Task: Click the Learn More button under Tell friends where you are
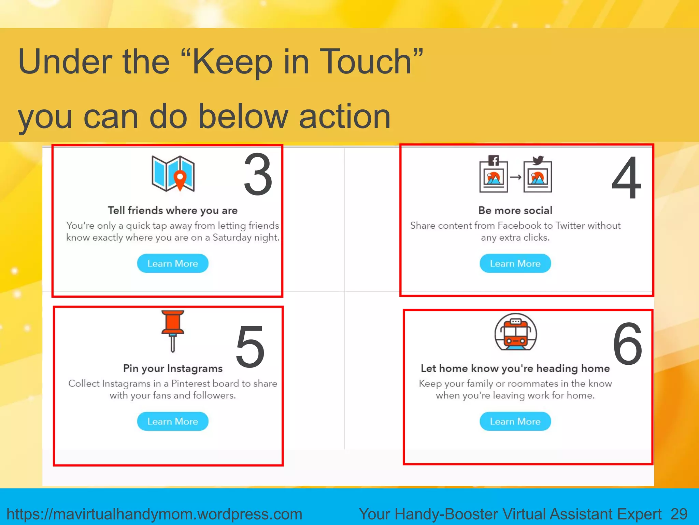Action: [173, 264]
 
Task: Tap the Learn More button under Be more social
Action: [515, 264]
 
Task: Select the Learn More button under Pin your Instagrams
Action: [173, 421]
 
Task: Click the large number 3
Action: [258, 175]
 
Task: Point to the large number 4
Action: [626, 178]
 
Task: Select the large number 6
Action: [627, 344]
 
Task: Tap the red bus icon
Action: [515, 332]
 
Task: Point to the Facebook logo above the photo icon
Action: [494, 160]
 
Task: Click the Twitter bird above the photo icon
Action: [538, 160]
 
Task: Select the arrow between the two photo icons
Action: [516, 177]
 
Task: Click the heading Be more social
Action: [515, 210]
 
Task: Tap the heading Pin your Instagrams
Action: [173, 368]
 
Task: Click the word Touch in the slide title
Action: [366, 62]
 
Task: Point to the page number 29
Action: [679, 514]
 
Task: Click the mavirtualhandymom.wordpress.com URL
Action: [154, 514]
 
